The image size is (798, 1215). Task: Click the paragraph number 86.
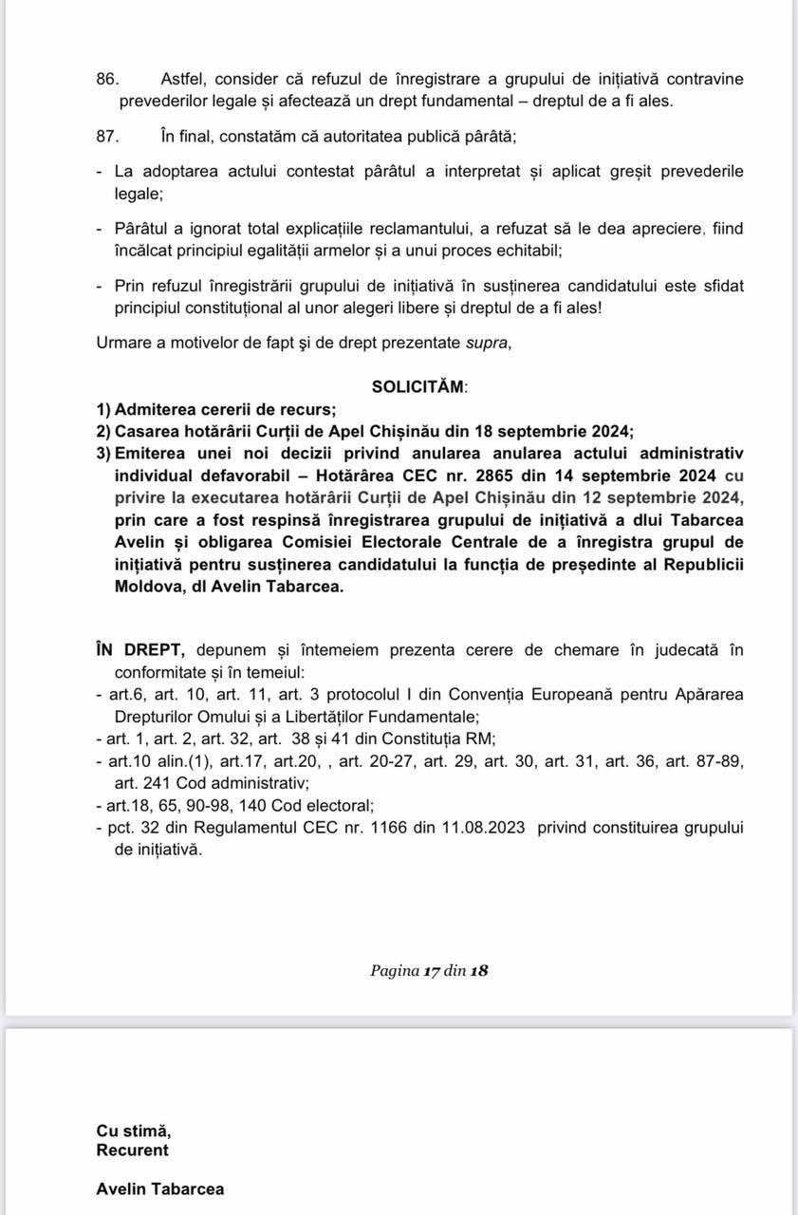(106, 79)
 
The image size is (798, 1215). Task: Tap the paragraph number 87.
(106, 136)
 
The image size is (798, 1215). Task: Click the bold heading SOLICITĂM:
(419, 386)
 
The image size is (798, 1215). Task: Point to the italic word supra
(487, 343)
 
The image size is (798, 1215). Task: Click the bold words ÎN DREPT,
(140, 649)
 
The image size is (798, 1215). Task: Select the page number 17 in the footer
(433, 970)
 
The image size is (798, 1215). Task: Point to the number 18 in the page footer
(479, 970)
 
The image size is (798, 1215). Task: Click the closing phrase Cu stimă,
(134, 1131)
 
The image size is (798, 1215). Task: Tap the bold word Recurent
(133, 1150)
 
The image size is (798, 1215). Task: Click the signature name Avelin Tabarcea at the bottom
(160, 1188)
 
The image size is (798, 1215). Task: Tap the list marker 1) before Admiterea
(103, 409)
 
